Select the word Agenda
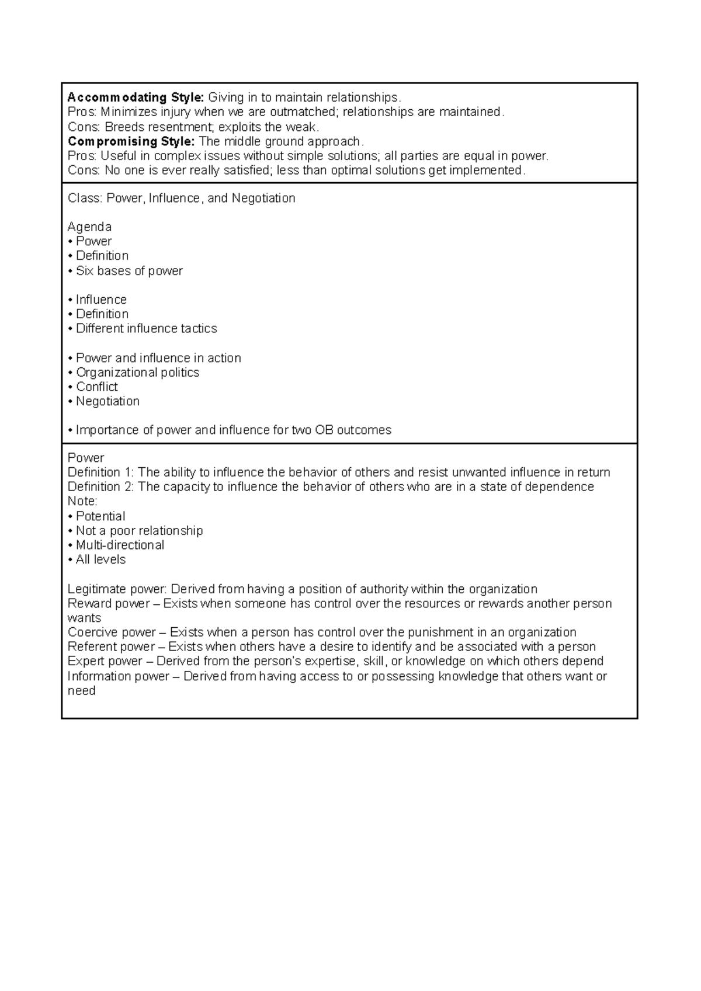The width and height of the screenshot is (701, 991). pos(89,227)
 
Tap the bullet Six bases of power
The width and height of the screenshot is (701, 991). pos(129,271)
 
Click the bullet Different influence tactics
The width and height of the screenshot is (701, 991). pos(146,329)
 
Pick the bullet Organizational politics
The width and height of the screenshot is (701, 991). pos(137,373)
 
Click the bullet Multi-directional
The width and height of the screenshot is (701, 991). pos(120,545)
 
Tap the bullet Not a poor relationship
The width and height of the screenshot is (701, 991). pos(139,531)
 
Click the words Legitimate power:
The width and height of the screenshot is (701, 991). pos(117,589)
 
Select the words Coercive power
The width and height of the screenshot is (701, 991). pos(112,632)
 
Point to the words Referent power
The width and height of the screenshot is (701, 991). pos(111,647)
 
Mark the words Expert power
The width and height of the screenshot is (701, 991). pos(105,662)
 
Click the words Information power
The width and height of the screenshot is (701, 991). pos(118,676)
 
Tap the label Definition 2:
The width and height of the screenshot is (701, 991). pos(101,487)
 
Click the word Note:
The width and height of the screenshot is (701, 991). pos(82,502)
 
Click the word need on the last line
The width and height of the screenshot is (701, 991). pos(81,691)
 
